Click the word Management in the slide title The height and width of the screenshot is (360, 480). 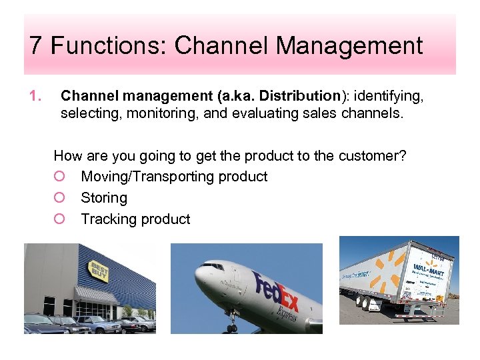[x=349, y=46]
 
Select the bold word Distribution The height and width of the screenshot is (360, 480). [x=300, y=97]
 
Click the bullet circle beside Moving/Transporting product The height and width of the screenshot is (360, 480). [x=60, y=177]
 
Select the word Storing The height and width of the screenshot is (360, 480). [x=103, y=198]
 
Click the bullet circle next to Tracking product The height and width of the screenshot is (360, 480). [x=60, y=219]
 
